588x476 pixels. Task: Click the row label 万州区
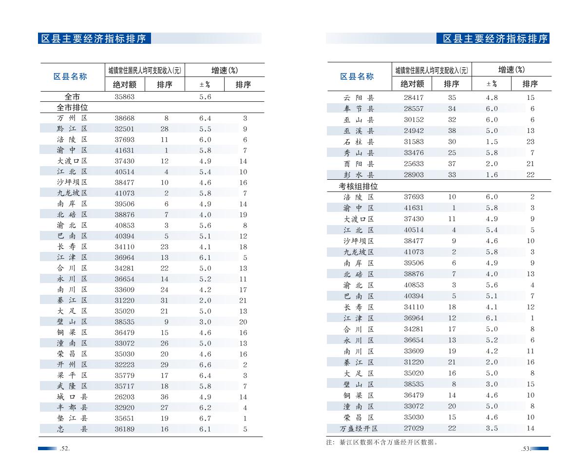(72, 118)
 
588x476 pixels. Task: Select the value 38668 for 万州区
(124, 118)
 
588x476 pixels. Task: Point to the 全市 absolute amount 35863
(124, 96)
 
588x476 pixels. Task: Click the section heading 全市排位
(72, 107)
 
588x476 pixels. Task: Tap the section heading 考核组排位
(358, 186)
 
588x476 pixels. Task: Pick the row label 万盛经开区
(359, 428)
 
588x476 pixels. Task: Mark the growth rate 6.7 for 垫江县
(205, 418)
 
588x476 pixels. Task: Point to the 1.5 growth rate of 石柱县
(492, 142)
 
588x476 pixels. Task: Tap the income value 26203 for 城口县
(124, 397)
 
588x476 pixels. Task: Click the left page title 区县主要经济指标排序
(94, 38)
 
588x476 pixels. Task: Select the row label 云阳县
(359, 97)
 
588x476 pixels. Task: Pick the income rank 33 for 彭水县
(452, 174)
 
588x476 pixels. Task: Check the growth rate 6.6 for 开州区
(205, 364)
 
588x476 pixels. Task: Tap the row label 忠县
(72, 429)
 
